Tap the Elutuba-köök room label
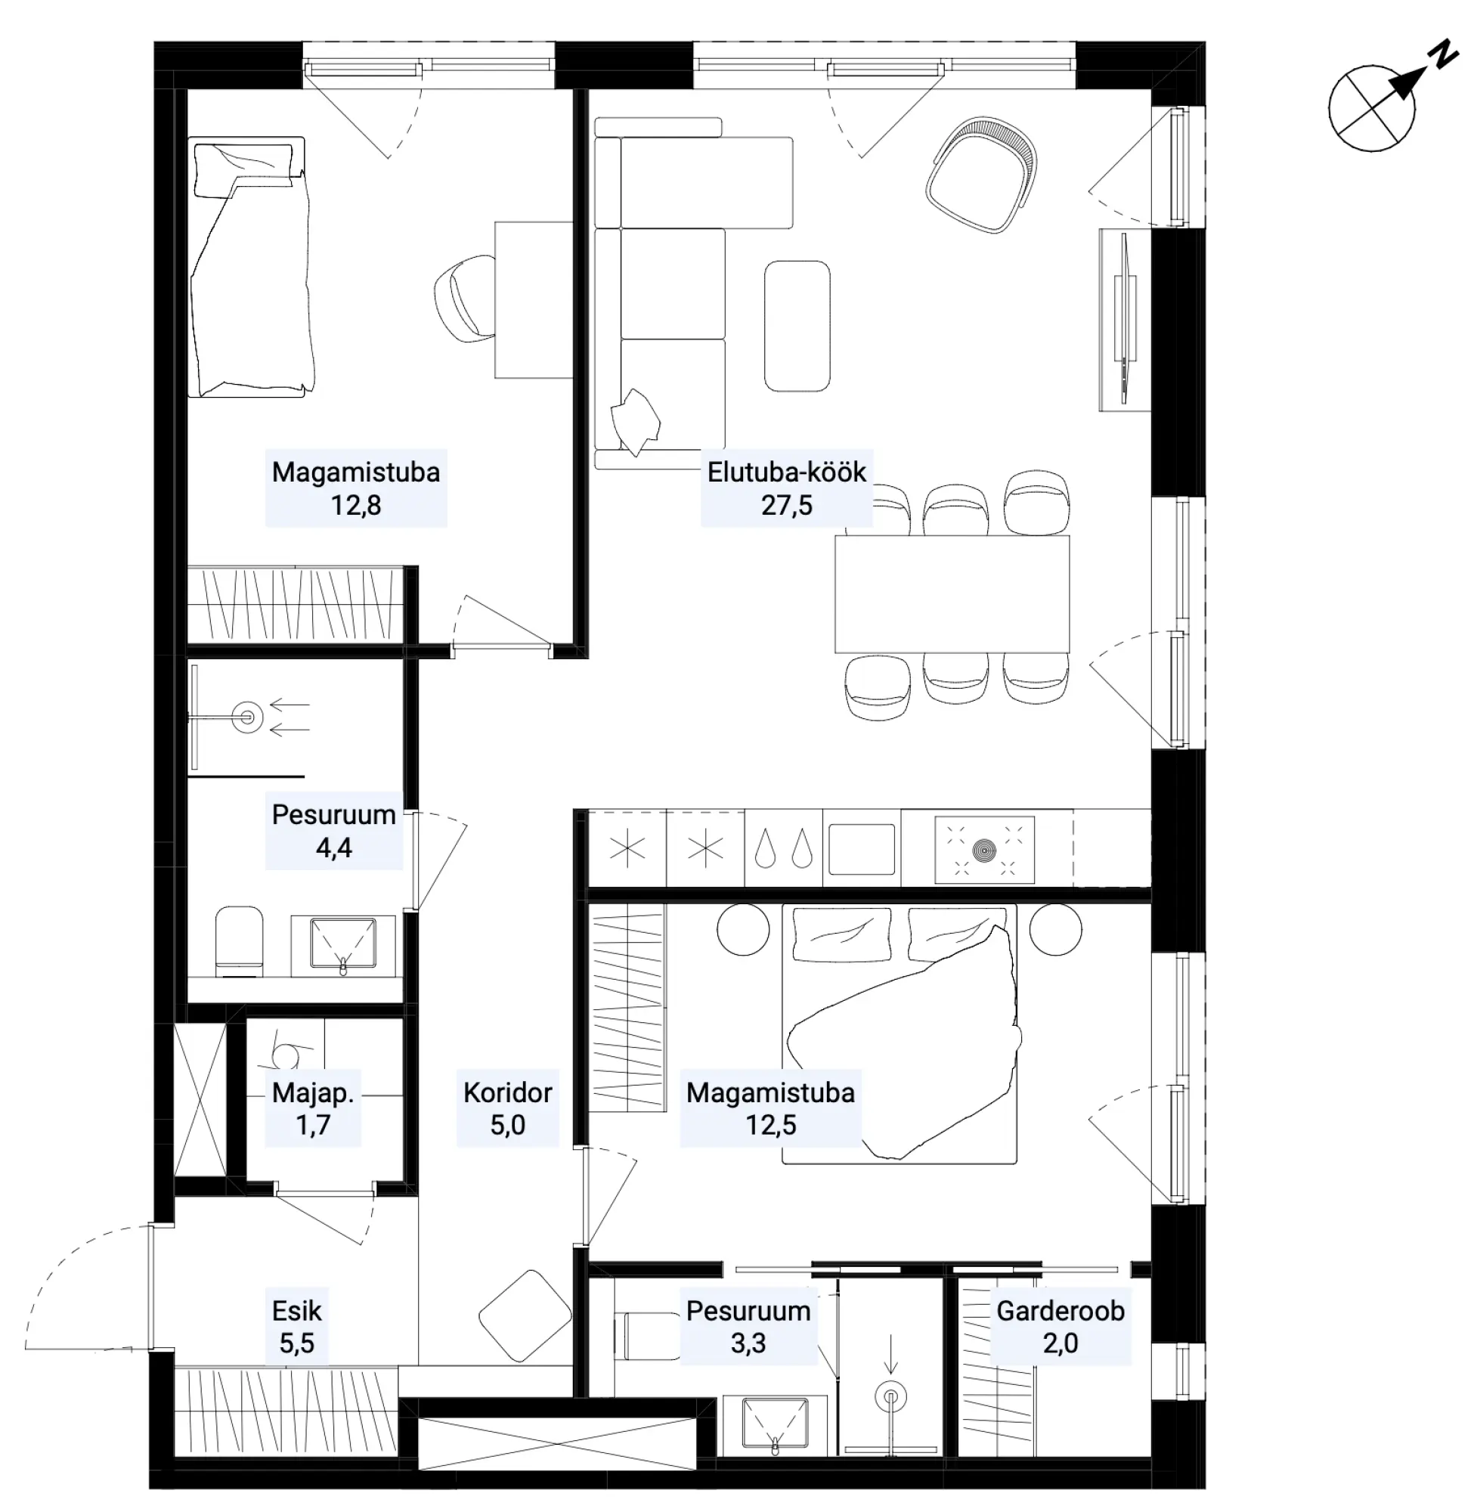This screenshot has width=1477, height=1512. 787,472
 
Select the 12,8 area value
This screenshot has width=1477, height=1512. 356,505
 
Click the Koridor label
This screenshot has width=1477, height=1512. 507,1092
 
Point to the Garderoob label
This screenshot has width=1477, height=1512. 1061,1310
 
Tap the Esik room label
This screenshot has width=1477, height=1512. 296,1310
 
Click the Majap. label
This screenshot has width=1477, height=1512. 313,1093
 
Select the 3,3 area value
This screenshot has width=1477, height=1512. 748,1343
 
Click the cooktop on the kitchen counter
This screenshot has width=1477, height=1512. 984,850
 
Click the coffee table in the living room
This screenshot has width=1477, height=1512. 797,326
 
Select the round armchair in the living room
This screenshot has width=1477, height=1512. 982,175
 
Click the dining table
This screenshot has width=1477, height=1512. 952,593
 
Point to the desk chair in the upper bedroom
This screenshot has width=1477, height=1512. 465,299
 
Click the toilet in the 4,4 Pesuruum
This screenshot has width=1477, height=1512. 239,940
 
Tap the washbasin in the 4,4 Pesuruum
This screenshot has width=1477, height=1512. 343,944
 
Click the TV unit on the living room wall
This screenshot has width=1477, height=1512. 1124,319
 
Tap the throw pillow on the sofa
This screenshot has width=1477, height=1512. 636,421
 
